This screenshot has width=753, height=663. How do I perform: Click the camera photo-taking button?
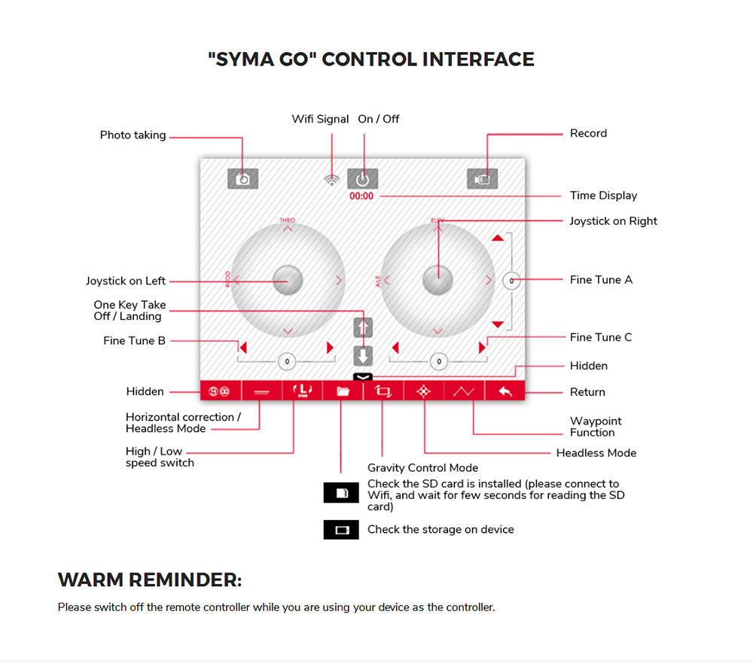coord(242,179)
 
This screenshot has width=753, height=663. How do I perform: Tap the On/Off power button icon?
coord(362,179)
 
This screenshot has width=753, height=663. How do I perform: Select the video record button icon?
coord(482,179)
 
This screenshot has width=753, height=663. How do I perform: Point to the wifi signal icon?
coord(331,180)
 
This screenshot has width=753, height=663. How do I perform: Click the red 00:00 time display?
coord(361,196)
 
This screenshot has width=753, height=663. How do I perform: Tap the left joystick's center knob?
coord(288,280)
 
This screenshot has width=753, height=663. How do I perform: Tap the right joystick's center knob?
coord(437,280)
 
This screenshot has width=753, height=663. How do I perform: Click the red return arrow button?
coord(505,391)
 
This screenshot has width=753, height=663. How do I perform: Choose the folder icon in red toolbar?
coord(343,391)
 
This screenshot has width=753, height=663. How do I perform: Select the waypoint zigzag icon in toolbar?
coord(465,391)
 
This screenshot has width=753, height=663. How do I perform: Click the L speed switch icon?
coord(302,391)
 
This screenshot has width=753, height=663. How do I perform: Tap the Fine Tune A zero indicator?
coord(511,280)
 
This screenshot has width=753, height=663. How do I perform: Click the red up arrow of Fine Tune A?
coord(497,238)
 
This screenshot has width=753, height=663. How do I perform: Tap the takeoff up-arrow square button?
coord(363,327)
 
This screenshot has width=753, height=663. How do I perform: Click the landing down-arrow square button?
coord(363,355)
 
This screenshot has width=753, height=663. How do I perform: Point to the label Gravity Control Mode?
coord(422,468)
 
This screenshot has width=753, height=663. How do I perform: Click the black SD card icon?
coord(341,493)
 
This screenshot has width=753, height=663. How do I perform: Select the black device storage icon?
coord(341,530)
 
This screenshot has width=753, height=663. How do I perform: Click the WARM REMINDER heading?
coord(150,580)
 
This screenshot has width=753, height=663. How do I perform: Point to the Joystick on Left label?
coord(126,281)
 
